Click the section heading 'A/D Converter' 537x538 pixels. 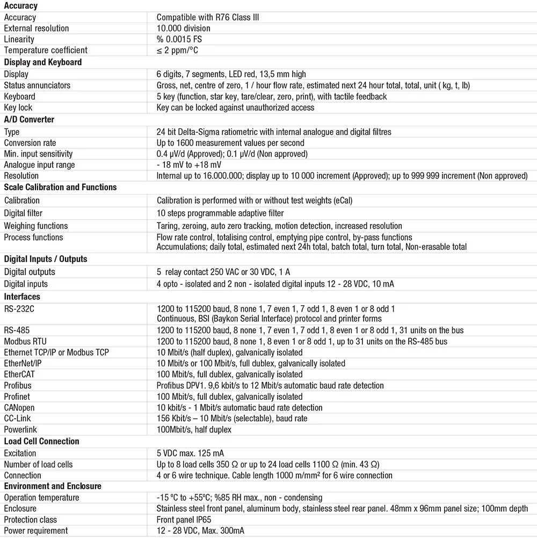pyautogui.click(x=29, y=119)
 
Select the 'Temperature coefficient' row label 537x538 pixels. pyautogui.click(x=45, y=50)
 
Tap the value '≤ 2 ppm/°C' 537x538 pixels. pyautogui.click(x=180, y=50)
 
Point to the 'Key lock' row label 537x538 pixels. pyautogui.click(x=18, y=107)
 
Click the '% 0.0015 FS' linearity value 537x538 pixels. pyautogui.click(x=179, y=39)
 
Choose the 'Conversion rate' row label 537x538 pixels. pyautogui.click(x=30, y=143)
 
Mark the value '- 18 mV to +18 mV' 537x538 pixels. pyautogui.click(x=188, y=165)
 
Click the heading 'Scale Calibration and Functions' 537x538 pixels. pyautogui.click(x=60, y=187)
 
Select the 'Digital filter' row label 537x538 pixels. pyautogui.click(x=23, y=213)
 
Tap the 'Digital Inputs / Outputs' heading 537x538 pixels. pyautogui.click(x=45, y=259)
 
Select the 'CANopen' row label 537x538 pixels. pyautogui.click(x=19, y=407)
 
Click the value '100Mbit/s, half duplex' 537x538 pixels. pyautogui.click(x=194, y=429)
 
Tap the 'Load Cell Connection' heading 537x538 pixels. pyautogui.click(x=41, y=441)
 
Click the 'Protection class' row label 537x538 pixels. pyautogui.click(x=30, y=520)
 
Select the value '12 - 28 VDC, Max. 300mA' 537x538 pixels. pyautogui.click(x=200, y=530)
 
